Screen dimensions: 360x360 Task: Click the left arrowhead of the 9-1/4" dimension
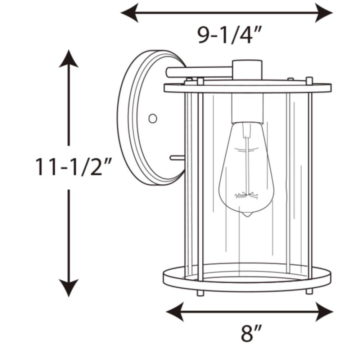(x=130, y=13)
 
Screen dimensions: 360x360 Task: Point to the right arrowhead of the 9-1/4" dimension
(x=324, y=13)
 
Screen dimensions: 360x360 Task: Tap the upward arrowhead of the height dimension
(x=69, y=58)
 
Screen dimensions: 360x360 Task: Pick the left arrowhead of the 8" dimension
(x=175, y=312)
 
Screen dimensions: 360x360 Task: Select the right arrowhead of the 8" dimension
(x=324, y=312)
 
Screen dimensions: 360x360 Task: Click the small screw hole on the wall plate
(x=153, y=119)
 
